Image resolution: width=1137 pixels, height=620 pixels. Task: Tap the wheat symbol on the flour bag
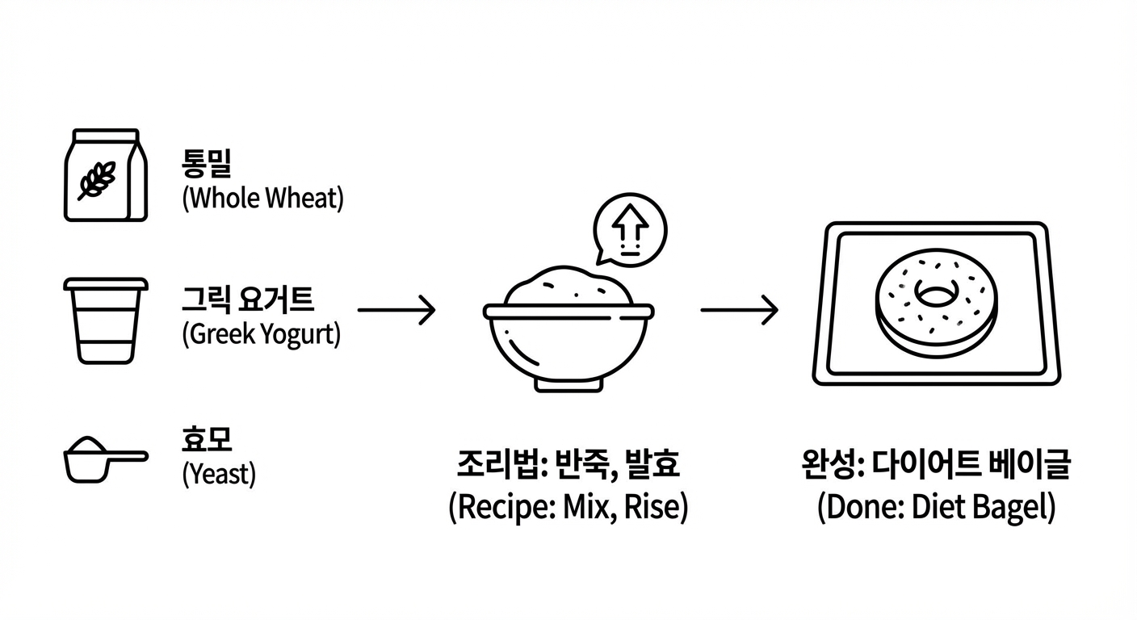tap(96, 179)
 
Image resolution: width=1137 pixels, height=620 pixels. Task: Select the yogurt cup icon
tap(106, 320)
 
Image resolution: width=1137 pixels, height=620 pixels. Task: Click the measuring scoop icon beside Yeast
tap(104, 459)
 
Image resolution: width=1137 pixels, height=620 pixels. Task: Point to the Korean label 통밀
tap(207, 164)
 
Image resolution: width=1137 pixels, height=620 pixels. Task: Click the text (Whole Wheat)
tap(263, 199)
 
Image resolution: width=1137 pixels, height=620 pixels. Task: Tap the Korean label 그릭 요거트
tap(247, 300)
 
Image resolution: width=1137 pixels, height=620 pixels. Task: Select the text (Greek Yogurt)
tap(262, 334)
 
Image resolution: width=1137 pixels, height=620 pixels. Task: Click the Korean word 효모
tap(207, 440)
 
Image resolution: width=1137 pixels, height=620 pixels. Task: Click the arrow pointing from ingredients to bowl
tap(396, 310)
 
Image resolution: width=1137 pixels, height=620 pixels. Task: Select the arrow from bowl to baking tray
tap(739, 310)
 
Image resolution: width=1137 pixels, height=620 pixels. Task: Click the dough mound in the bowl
tap(568, 287)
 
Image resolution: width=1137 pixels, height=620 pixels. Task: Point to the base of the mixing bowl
tap(568, 385)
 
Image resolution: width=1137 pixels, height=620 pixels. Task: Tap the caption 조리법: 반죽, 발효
tap(568, 466)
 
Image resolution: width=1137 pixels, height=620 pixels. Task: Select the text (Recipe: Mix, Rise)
tap(568, 509)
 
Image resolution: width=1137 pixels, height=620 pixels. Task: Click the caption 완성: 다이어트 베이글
tap(936, 466)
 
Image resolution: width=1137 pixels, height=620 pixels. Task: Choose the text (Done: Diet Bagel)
tap(936, 509)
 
